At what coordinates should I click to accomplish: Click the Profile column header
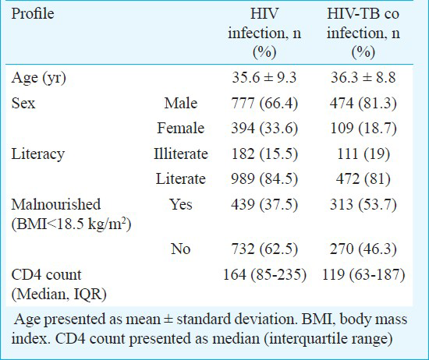33,14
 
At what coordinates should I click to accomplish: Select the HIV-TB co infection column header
363,33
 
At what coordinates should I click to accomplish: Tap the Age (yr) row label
38,78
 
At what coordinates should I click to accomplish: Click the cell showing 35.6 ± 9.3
264,77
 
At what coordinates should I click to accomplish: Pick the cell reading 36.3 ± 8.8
363,77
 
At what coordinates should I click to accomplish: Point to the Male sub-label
181,103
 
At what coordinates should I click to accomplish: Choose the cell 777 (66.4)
264,104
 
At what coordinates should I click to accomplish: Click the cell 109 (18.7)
363,129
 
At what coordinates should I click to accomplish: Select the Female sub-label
181,128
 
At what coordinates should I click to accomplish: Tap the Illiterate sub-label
181,154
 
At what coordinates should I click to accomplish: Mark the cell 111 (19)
363,154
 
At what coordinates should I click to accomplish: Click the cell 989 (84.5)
264,179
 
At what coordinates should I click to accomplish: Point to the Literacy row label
37,154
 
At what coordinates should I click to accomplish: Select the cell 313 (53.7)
363,205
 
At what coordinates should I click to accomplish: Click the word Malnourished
56,204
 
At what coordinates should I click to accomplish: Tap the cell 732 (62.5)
264,249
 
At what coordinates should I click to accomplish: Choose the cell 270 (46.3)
363,249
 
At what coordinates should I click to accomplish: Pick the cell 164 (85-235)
264,275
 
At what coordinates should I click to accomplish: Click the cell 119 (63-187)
363,275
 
